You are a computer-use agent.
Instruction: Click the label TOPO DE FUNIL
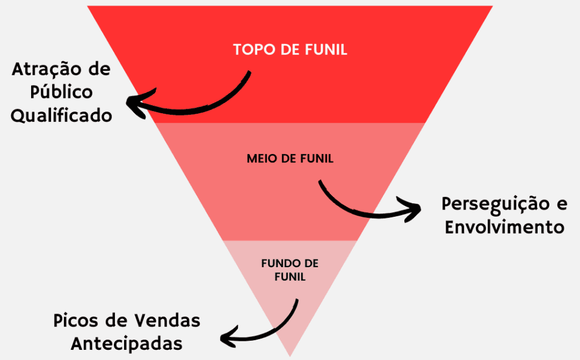pyautogui.click(x=290, y=49)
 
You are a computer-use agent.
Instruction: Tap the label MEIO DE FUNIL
pyautogui.click(x=290, y=158)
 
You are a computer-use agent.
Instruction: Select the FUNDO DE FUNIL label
pyautogui.click(x=290, y=270)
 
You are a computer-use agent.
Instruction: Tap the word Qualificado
pyautogui.click(x=62, y=115)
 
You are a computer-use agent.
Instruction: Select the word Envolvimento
pyautogui.click(x=505, y=227)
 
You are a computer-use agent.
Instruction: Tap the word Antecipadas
pyautogui.click(x=127, y=343)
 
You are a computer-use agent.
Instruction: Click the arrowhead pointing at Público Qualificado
pyautogui.click(x=133, y=105)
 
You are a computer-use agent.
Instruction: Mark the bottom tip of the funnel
pyautogui.click(x=290, y=354)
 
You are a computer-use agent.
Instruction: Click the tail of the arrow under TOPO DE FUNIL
pyautogui.click(x=249, y=72)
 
